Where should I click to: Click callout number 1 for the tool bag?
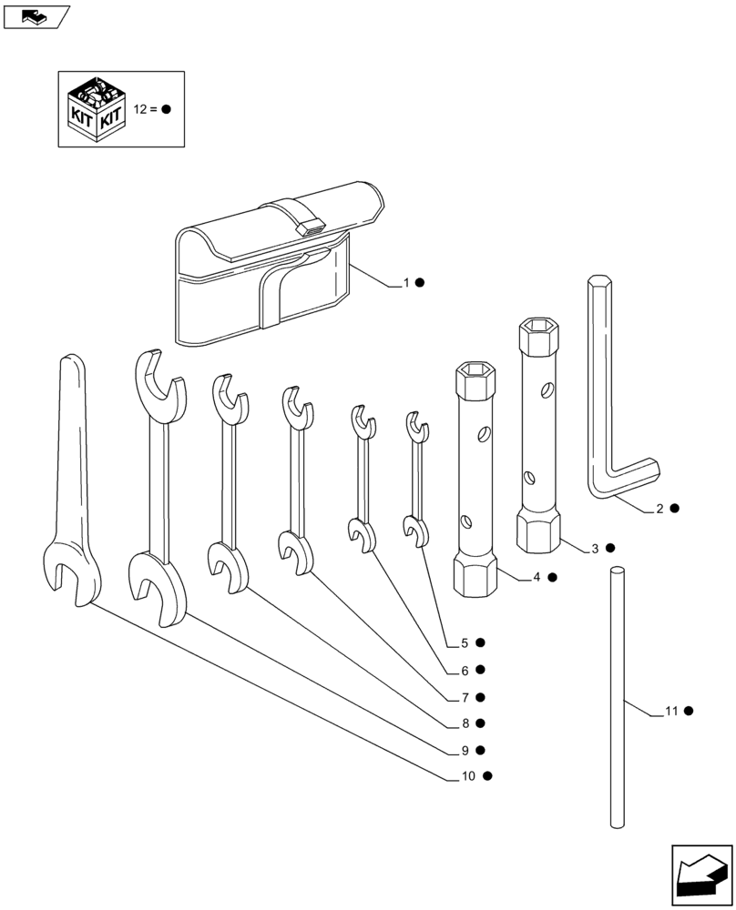tap(407, 283)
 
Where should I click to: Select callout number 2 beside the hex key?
tap(659, 509)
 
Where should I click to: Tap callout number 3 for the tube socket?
tap(595, 548)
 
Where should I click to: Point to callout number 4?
tap(537, 577)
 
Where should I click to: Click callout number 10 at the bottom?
tap(468, 776)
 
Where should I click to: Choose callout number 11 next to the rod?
tap(671, 711)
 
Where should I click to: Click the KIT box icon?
tap(97, 108)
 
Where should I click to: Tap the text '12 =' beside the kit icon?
tap(146, 108)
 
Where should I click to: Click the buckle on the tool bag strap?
tap(312, 225)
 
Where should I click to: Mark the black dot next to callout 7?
tap(480, 697)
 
